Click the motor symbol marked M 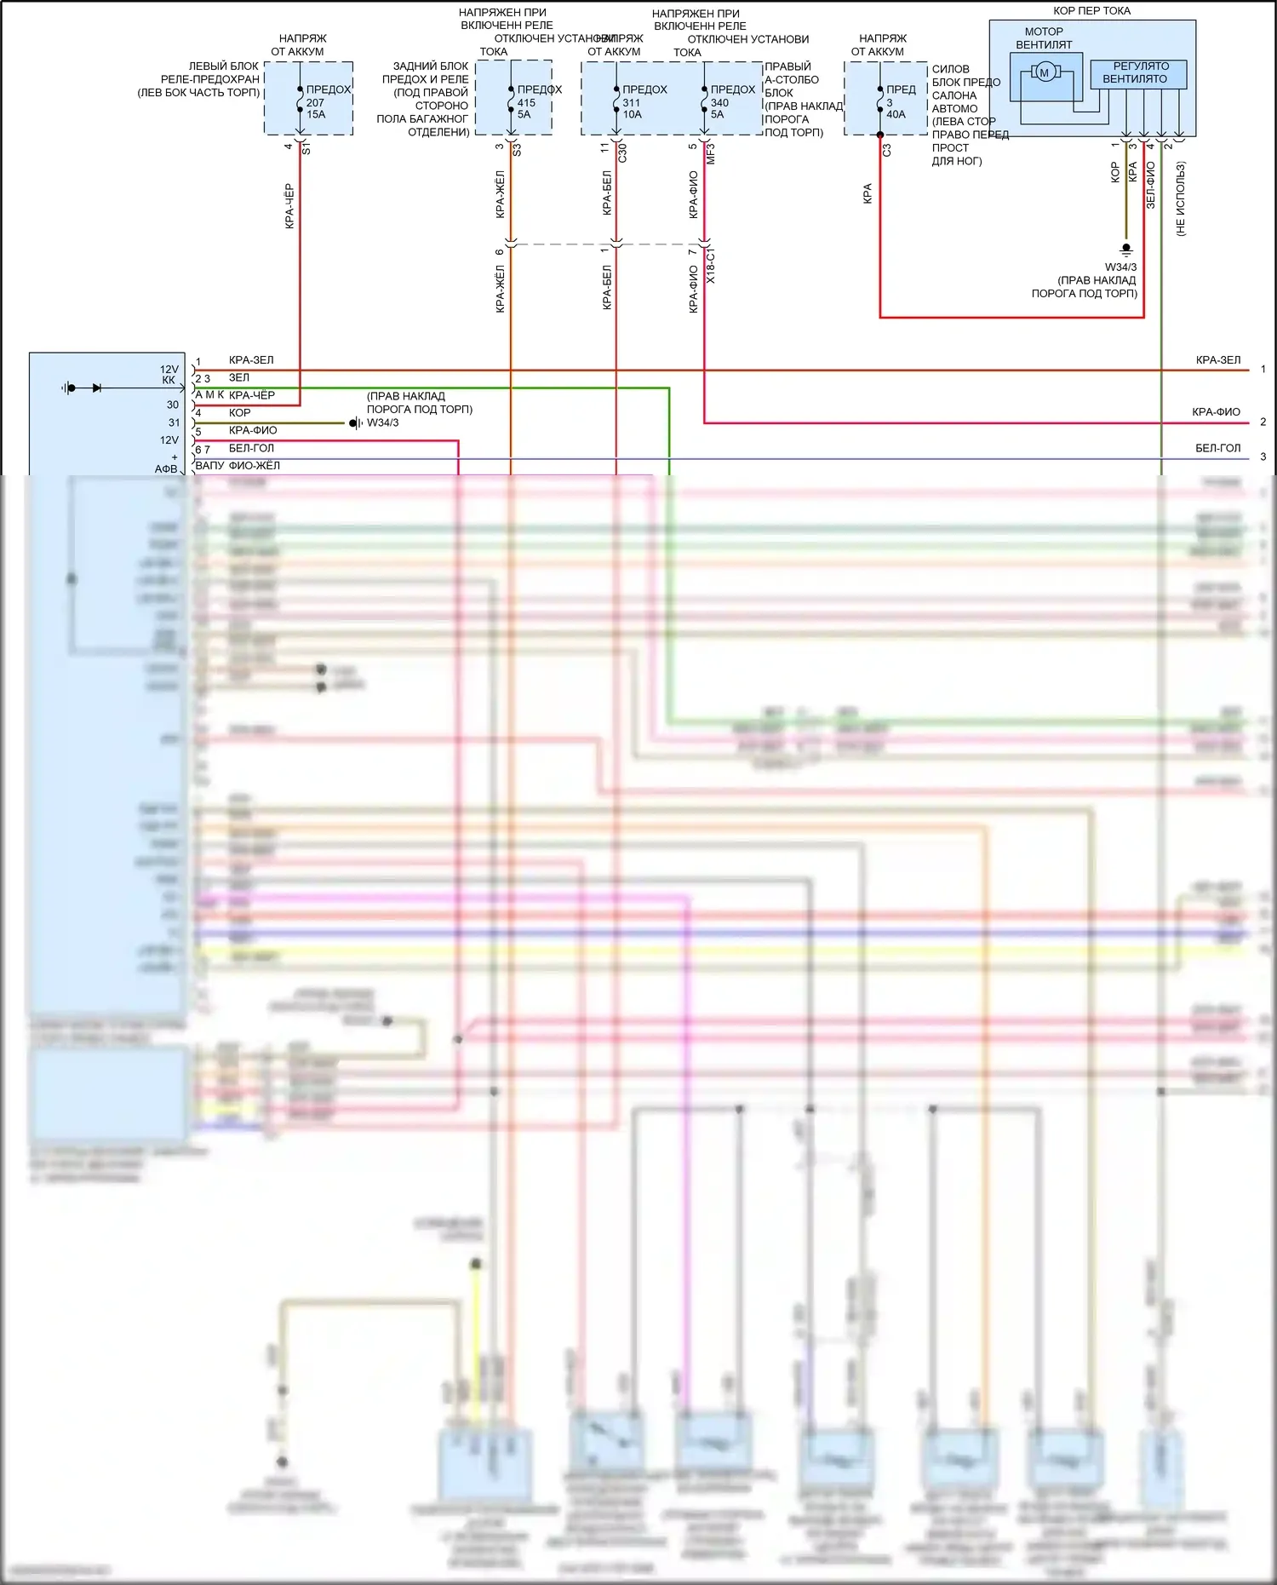tap(1045, 73)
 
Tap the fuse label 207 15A tap(316, 108)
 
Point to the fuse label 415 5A tap(526, 108)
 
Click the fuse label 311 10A tap(632, 108)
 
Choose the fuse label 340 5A tap(719, 108)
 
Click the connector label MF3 tap(711, 153)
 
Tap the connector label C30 tap(622, 153)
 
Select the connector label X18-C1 tap(711, 267)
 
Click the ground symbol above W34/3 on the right tap(1126, 250)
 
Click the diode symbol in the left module tap(96, 388)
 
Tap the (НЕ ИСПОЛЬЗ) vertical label tap(1181, 199)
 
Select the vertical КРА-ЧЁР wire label tap(289, 206)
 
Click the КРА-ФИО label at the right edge tap(1216, 412)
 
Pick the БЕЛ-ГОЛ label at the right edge tap(1217, 448)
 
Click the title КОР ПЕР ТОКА tap(1091, 11)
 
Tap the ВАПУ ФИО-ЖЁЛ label tap(238, 466)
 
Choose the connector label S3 tap(517, 149)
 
